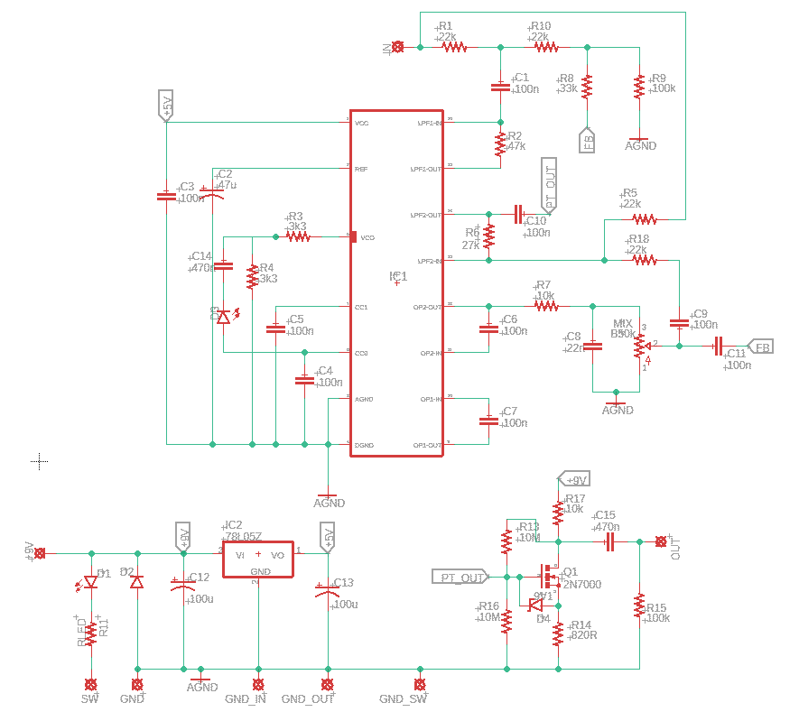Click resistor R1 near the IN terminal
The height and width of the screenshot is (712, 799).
point(453,46)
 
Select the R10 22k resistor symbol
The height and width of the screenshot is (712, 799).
point(544,46)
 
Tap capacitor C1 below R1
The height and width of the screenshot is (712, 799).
point(500,88)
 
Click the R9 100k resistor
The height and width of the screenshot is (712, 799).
point(639,87)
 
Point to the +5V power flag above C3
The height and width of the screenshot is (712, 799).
point(165,105)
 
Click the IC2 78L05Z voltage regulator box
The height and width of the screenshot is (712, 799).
point(258,556)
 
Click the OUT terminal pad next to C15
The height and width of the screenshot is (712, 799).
point(661,541)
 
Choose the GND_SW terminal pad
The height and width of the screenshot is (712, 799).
point(419,684)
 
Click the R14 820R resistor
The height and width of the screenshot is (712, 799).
point(558,633)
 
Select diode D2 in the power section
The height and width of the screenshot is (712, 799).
point(136,582)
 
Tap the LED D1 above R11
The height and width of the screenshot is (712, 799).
point(90,582)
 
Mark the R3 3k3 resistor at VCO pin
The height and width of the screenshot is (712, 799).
point(298,236)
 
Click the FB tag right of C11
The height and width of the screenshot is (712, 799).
point(761,347)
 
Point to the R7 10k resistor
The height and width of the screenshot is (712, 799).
point(545,306)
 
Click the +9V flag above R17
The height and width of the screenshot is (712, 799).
point(574,478)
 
